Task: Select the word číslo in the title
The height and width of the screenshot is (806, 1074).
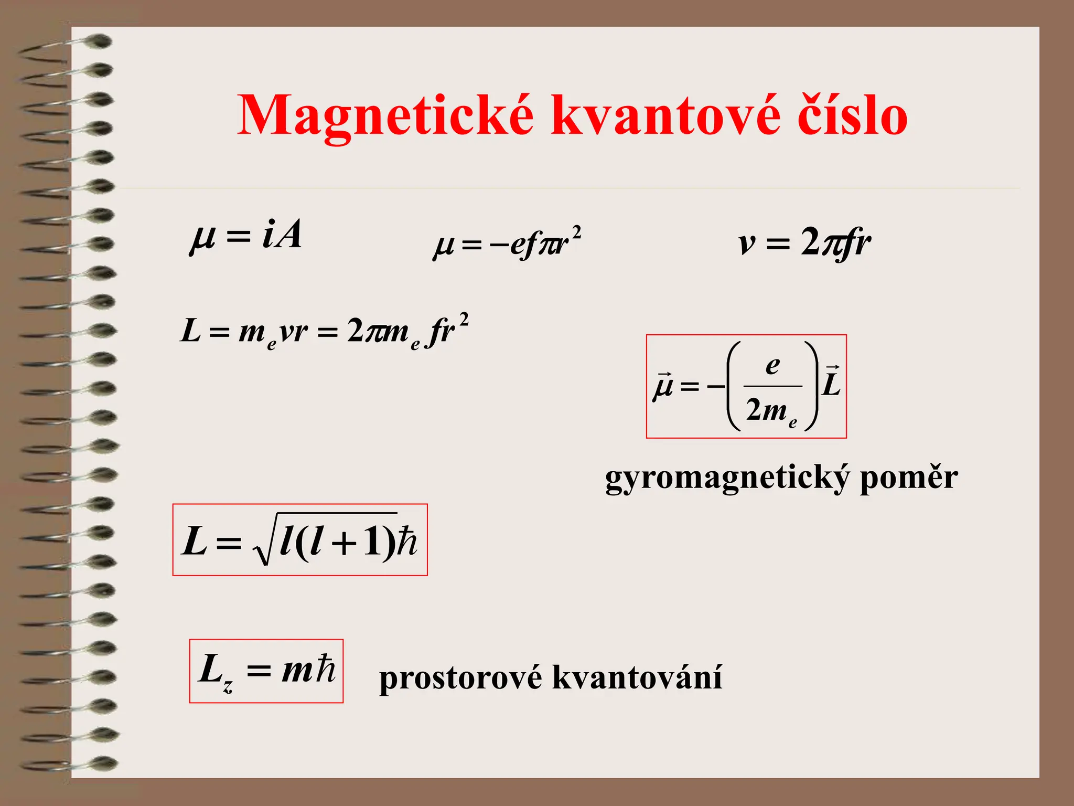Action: [x=853, y=115]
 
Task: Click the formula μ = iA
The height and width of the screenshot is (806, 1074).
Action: [x=246, y=236]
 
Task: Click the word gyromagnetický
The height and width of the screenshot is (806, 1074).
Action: [x=726, y=479]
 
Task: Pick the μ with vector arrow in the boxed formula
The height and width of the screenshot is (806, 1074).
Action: [x=663, y=386]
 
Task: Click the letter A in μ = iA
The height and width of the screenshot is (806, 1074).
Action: [x=288, y=234]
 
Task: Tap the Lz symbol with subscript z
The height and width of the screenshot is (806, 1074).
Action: [x=215, y=671]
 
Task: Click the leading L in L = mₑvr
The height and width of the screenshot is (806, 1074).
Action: [x=190, y=332]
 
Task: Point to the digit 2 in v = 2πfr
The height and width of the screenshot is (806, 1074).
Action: [x=810, y=242]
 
